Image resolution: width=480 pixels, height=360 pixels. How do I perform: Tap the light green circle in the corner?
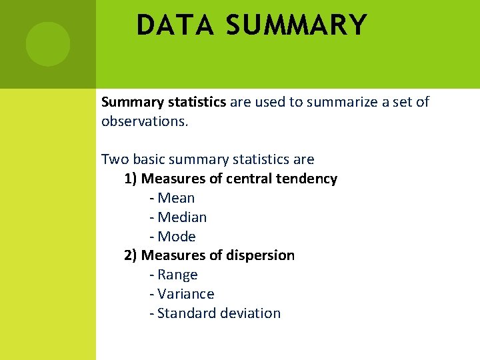(x=47, y=44)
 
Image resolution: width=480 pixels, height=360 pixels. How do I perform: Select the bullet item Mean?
(x=176, y=198)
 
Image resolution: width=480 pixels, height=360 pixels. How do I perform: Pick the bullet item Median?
(x=182, y=217)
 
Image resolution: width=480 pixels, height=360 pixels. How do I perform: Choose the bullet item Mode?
(x=177, y=237)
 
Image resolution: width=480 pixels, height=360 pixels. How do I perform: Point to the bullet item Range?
(x=177, y=275)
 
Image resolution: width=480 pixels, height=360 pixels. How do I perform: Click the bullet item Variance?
(x=185, y=294)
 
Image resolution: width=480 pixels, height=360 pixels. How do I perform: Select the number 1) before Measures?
(x=131, y=179)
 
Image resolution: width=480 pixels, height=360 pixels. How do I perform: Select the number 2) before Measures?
(x=131, y=255)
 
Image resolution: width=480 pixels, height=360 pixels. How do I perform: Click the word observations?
(x=145, y=121)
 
